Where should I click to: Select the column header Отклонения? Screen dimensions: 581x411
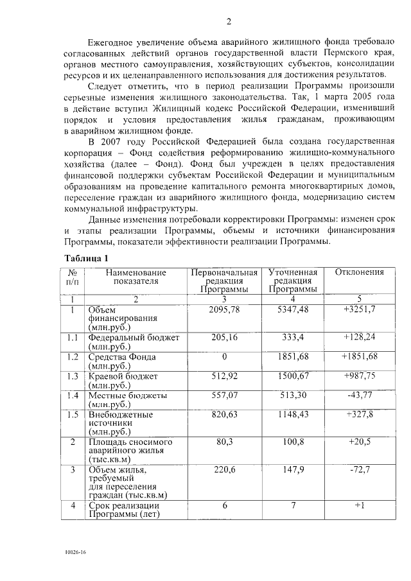(x=360, y=272)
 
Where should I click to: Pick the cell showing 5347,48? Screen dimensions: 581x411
(x=293, y=310)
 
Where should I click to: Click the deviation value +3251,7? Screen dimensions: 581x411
(x=360, y=310)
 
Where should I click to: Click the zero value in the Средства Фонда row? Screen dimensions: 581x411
(x=224, y=357)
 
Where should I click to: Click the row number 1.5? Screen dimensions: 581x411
(x=73, y=415)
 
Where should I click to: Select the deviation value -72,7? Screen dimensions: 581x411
(x=360, y=471)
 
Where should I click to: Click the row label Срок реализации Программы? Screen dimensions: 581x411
(x=124, y=510)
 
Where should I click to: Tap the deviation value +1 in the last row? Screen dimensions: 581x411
(x=360, y=506)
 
